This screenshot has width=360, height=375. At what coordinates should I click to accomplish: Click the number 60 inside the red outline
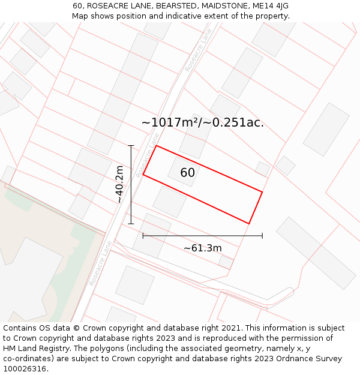(187, 173)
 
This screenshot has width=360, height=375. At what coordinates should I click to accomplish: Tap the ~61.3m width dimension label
(202, 248)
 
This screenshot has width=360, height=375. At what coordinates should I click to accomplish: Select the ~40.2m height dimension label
(120, 185)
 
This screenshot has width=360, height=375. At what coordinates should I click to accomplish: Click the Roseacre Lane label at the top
(199, 50)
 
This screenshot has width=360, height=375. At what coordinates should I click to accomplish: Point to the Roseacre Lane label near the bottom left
(101, 263)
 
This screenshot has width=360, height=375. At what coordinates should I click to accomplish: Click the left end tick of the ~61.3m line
(143, 236)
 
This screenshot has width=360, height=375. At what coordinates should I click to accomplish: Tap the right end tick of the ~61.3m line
(262, 236)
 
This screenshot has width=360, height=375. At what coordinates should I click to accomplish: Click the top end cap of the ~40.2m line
(131, 145)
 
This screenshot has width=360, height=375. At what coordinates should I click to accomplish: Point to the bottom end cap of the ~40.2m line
(131, 224)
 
